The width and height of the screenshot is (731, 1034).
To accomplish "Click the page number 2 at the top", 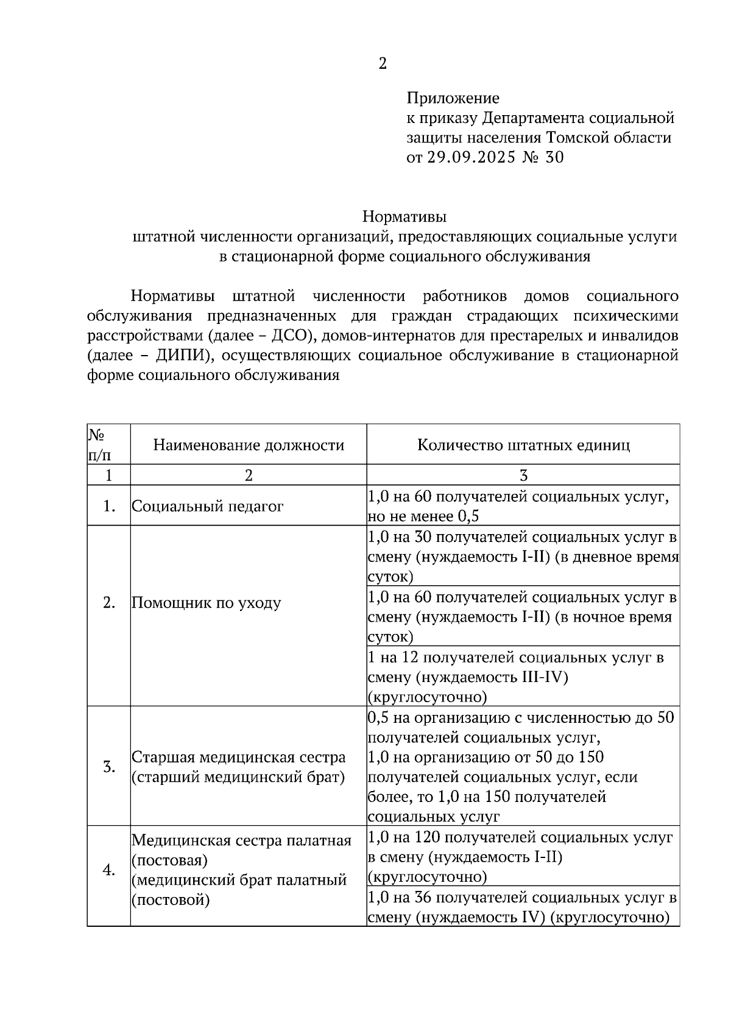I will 382,64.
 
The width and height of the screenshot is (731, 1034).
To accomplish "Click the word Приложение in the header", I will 453,98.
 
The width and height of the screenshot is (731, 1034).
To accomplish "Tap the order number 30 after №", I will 555,158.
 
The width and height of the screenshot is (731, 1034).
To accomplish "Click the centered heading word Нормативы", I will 404,217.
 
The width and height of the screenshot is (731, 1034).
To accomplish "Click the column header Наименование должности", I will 249,445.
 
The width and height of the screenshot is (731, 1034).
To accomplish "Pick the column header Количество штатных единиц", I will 523,445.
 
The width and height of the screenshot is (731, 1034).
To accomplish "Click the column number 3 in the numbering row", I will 523,476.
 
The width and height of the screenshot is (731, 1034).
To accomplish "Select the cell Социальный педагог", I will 208,506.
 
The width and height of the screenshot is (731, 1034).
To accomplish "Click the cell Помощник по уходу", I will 207,603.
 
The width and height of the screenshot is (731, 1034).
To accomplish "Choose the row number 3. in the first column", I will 109,767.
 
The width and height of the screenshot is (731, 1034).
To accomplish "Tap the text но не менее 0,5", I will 423,516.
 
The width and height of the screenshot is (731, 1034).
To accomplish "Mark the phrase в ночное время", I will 615,617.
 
